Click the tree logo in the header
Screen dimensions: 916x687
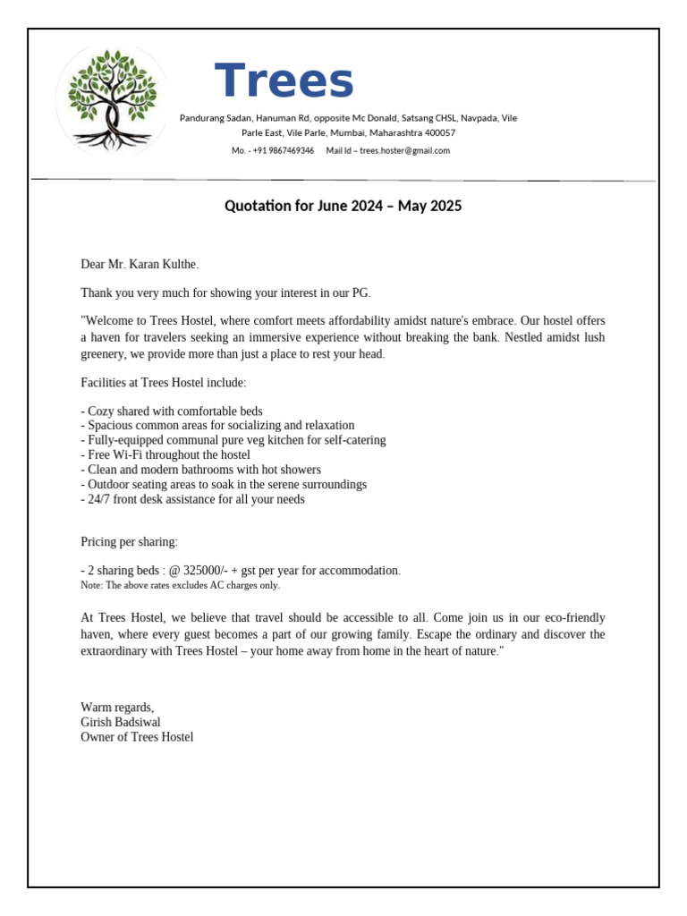[111, 98]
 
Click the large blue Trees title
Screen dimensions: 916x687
[284, 81]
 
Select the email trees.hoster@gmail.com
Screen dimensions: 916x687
[404, 150]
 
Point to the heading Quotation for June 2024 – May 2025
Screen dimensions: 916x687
[343, 206]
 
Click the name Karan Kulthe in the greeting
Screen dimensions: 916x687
[165, 264]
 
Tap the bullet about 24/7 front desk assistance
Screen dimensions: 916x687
[192, 499]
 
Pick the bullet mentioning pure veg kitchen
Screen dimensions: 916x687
[233, 440]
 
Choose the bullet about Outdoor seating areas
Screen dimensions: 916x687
[224, 484]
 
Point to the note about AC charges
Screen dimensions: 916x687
[180, 585]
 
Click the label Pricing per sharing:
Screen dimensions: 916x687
[129, 542]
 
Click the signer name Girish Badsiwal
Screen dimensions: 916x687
[121, 722]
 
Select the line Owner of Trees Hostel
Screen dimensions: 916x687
[137, 737]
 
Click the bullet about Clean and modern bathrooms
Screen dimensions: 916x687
[200, 470]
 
